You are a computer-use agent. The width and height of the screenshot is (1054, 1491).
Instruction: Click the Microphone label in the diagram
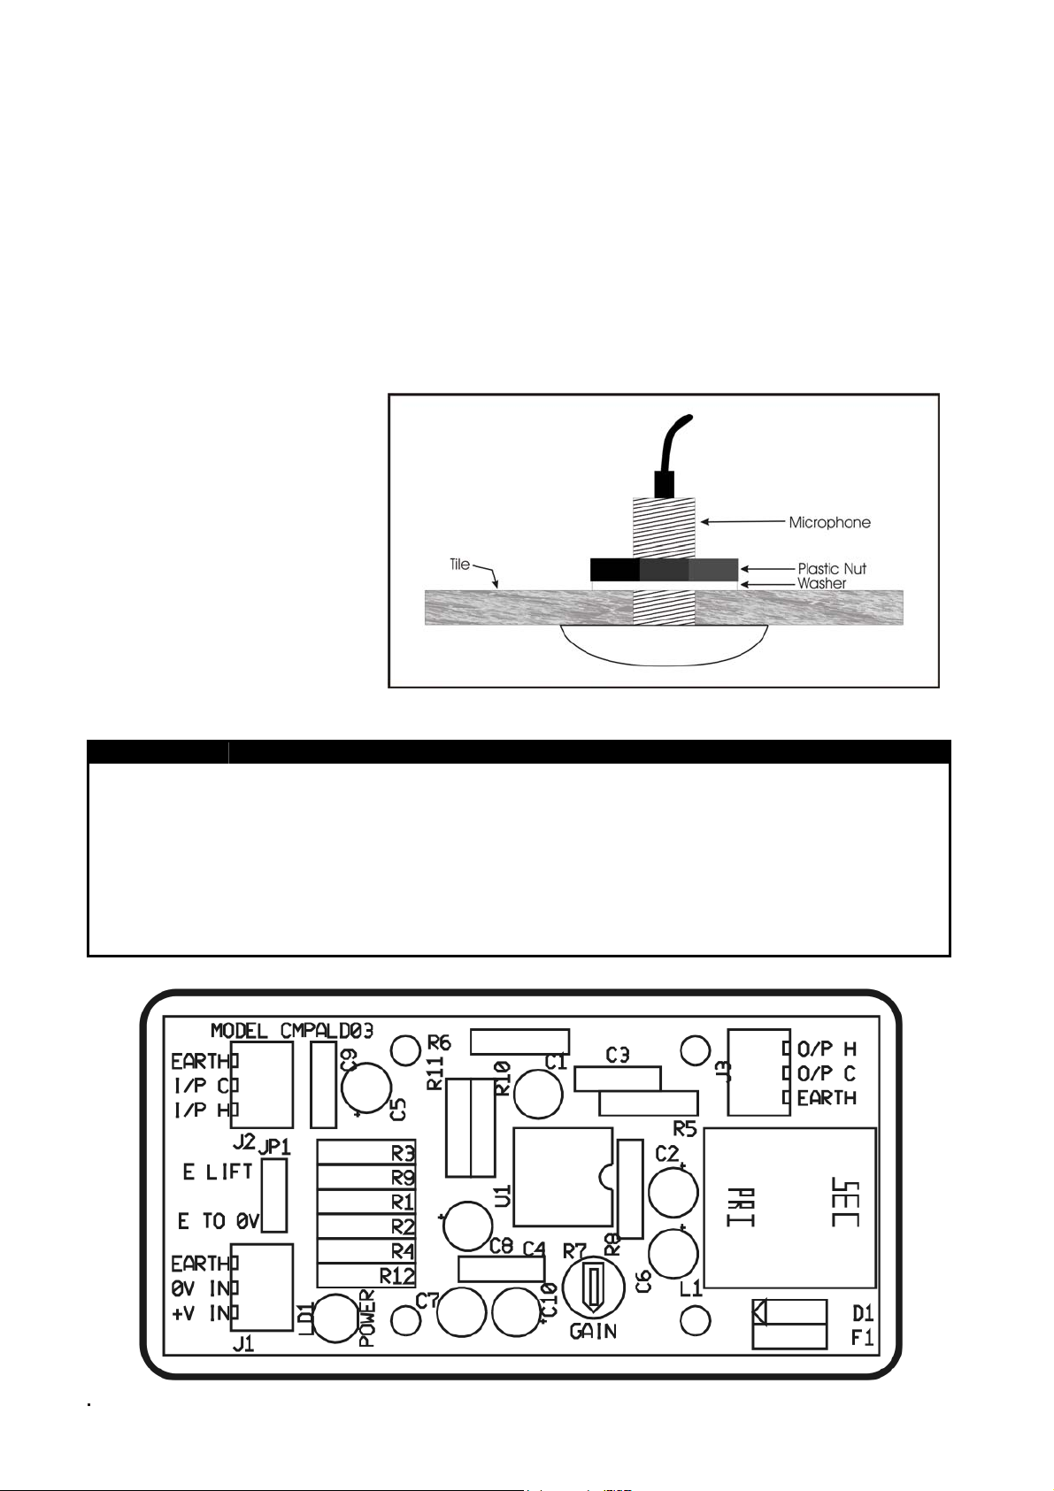(x=829, y=523)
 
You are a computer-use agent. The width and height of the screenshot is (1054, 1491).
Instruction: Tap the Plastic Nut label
(x=832, y=569)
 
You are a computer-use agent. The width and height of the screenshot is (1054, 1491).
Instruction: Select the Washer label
(x=822, y=584)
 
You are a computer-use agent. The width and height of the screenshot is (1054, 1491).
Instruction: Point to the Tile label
(x=459, y=565)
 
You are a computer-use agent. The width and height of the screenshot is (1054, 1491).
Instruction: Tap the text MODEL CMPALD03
(x=291, y=1030)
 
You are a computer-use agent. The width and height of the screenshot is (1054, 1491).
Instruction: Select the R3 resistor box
(x=365, y=1153)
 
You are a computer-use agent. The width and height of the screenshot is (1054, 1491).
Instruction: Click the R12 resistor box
(x=365, y=1276)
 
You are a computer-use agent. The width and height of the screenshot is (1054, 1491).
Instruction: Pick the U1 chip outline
(x=562, y=1177)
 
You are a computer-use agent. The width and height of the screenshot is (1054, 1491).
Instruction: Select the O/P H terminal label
(x=827, y=1049)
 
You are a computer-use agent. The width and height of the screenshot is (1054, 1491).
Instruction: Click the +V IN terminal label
(x=201, y=1313)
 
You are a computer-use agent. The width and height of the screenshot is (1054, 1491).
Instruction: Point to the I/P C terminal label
(x=201, y=1085)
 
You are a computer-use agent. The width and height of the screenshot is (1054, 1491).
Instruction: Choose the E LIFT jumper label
(x=218, y=1172)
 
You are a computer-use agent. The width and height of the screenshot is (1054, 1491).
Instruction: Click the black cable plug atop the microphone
(x=665, y=484)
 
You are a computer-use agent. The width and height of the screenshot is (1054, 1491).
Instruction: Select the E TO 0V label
(x=218, y=1221)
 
